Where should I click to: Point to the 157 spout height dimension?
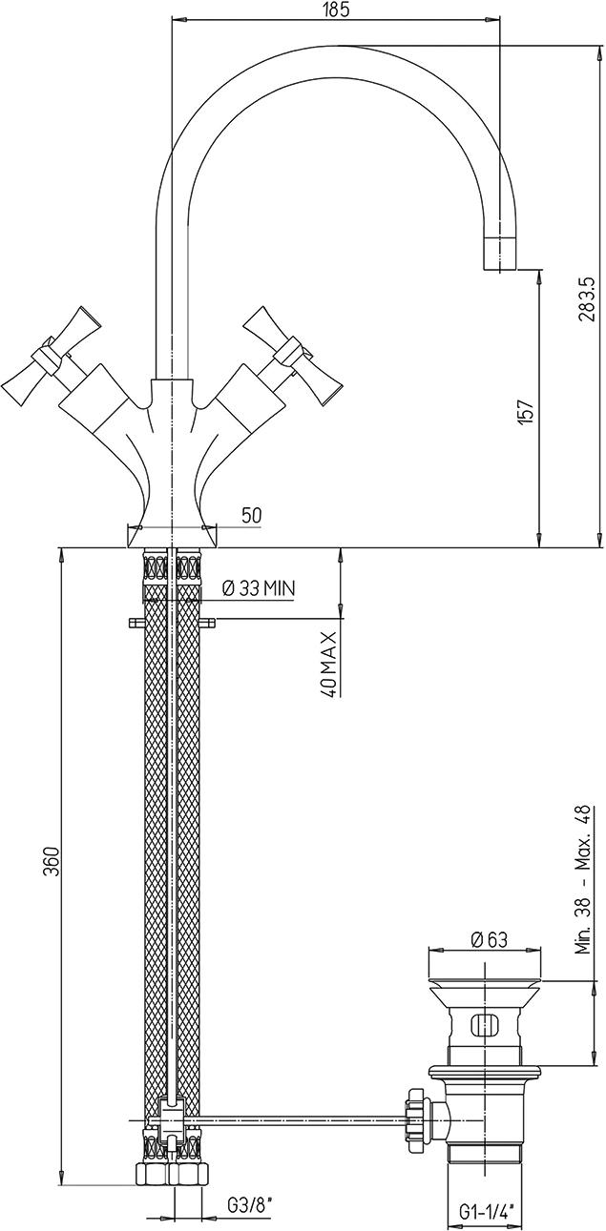coord(526,409)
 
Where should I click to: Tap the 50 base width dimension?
coord(251,515)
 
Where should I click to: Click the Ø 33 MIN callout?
coord(258,588)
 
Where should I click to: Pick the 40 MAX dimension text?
coord(329,664)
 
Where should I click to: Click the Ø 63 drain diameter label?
coord(485,940)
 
